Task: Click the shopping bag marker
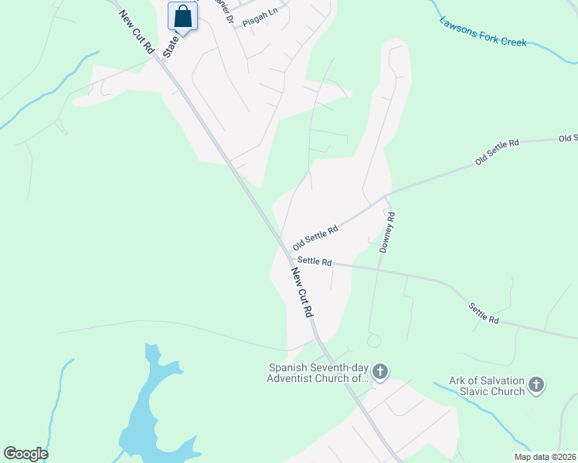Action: point(182,16)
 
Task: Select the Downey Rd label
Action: point(388,233)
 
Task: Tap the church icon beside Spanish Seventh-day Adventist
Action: point(379,373)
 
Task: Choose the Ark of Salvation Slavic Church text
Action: point(487,387)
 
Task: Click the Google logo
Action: point(25,454)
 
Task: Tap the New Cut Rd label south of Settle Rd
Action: point(302,292)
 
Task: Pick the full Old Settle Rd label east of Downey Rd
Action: point(497,151)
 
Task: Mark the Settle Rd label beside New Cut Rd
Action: point(314,262)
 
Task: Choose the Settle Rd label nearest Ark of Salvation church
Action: point(484,313)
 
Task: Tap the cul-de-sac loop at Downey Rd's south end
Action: point(376,340)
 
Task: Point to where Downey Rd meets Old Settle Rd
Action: point(386,198)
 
